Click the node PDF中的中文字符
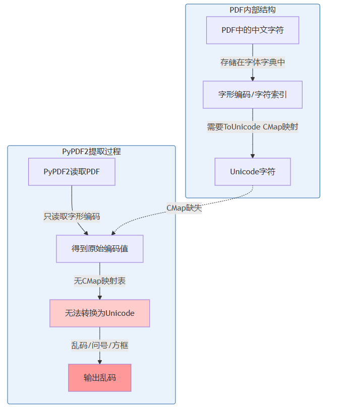coord(253,30)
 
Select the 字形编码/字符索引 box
coord(253,95)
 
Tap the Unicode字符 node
coord(253,172)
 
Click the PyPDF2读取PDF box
coord(72,172)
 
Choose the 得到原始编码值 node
coord(100,249)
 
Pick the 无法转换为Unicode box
coord(100,313)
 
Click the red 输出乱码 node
coord(100,377)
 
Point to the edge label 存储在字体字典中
coord(253,62)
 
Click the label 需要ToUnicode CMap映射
coord(253,127)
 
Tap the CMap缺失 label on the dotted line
coord(184,208)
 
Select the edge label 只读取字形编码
coord(72,217)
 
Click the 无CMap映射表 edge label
coord(100,281)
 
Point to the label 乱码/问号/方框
coord(100,346)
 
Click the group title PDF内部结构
coord(253,10)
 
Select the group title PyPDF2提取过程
coord(91,151)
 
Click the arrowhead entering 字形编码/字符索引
coord(253,79)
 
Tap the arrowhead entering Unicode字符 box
coord(253,156)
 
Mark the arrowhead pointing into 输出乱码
coord(100,362)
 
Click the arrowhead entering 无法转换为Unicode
coord(100,297)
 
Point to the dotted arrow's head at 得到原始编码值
coord(113,233)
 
